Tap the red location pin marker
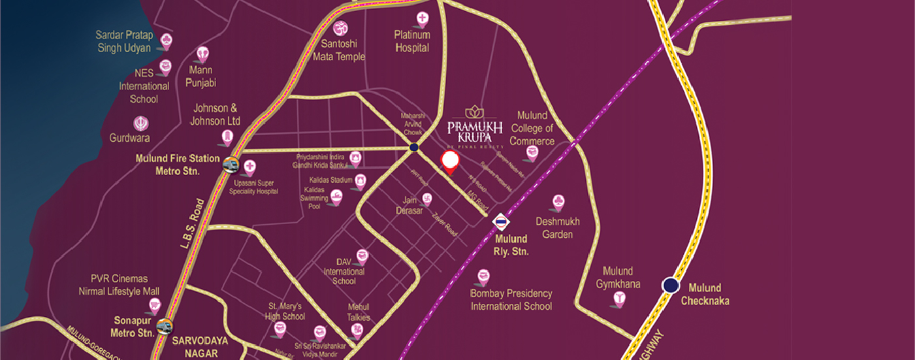(x=449, y=161)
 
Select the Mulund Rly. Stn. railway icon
(x=500, y=222)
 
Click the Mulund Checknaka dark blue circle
(x=670, y=285)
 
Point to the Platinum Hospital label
(x=412, y=41)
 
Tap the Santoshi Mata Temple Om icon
(x=340, y=28)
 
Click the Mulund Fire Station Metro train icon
(x=230, y=165)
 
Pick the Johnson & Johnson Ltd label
(x=215, y=114)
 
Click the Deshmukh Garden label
(x=558, y=227)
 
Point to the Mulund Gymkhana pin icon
(x=618, y=299)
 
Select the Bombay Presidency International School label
(x=511, y=299)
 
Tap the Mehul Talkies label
(x=359, y=312)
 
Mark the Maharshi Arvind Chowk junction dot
(x=414, y=148)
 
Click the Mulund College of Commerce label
(x=532, y=128)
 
